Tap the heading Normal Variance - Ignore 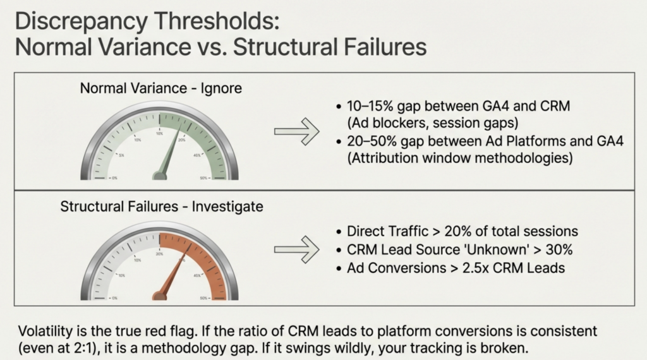point(160,88)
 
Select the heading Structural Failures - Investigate point(162,207)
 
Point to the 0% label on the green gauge point(114,179)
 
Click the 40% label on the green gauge point(197,155)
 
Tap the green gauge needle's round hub point(160,175)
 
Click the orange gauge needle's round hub point(160,294)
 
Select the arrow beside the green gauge point(296,131)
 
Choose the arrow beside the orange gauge point(296,249)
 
